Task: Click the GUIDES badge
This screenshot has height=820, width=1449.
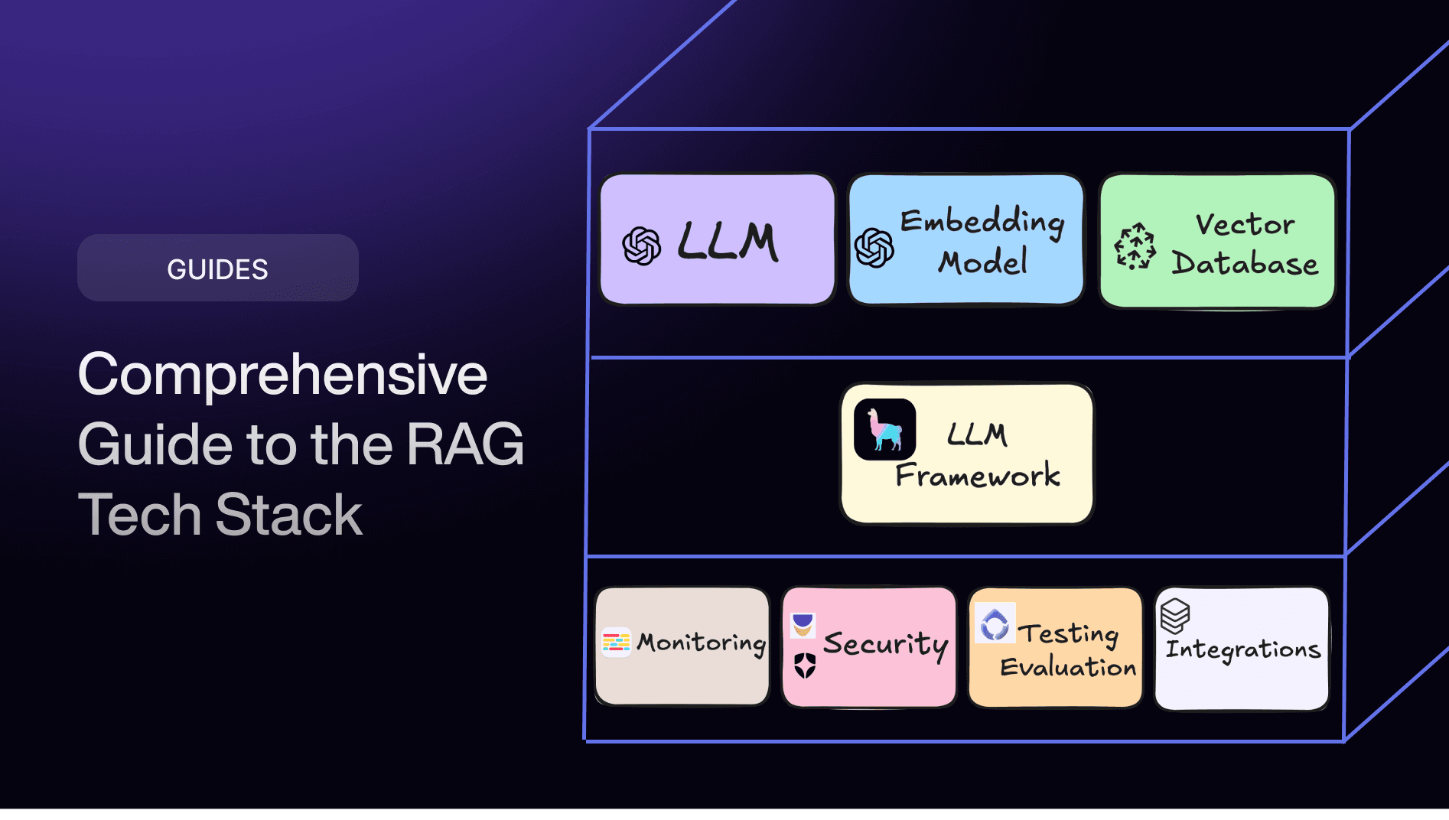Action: (217, 268)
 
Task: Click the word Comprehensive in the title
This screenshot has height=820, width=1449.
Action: (282, 375)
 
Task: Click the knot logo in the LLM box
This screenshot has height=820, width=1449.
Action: (641, 246)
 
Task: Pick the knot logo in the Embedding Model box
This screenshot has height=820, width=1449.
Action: (874, 248)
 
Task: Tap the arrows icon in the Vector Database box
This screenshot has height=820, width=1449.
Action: (1135, 247)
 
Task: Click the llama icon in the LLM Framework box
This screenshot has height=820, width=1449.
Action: (884, 430)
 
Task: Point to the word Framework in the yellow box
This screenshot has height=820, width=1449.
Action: (978, 476)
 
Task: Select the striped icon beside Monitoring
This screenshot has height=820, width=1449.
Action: (616, 643)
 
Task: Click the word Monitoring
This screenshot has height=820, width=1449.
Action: (702, 643)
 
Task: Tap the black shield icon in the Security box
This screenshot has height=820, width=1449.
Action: (805, 665)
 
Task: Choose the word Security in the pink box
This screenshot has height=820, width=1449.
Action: (885, 644)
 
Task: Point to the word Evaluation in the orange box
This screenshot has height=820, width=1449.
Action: (1068, 667)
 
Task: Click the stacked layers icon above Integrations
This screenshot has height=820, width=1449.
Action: (1175, 615)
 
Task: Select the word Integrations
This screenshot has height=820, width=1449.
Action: (1243, 649)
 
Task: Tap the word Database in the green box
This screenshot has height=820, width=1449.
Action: (1245, 263)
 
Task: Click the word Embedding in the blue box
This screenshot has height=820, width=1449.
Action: (982, 222)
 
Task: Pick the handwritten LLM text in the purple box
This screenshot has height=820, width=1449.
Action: (728, 242)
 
